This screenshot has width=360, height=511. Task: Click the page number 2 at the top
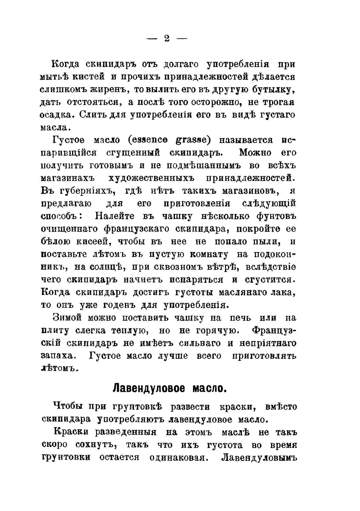(166, 38)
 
